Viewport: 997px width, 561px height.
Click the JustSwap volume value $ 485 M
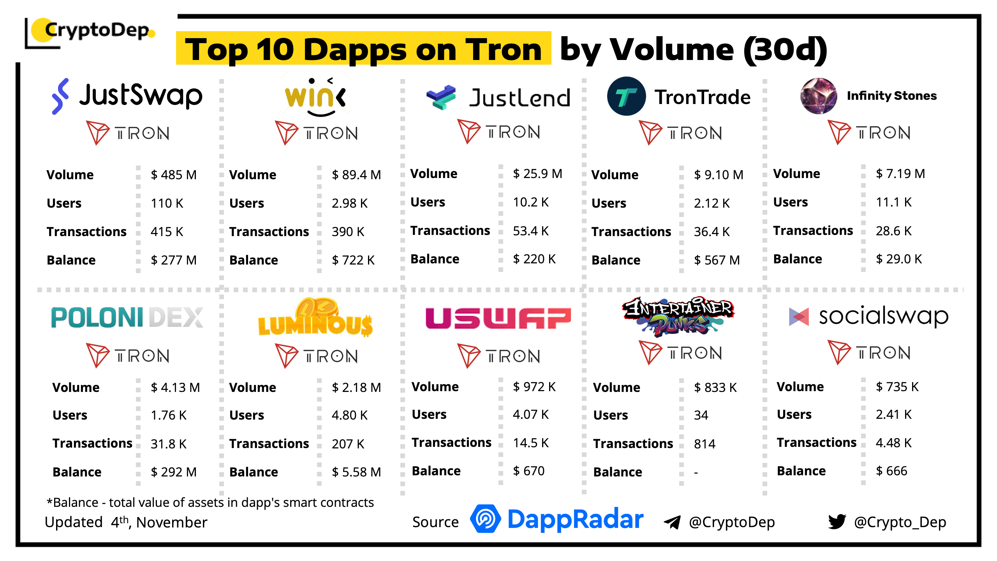(x=174, y=175)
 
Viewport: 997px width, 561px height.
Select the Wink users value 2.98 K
(x=349, y=203)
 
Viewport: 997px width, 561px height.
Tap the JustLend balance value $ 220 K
(x=534, y=259)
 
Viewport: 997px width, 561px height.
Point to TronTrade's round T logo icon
(x=626, y=96)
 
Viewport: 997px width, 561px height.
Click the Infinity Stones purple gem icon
(x=818, y=96)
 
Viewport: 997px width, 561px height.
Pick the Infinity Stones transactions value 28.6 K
(x=893, y=231)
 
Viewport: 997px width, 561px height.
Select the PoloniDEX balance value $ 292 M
(x=174, y=472)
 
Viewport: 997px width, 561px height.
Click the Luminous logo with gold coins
(x=315, y=318)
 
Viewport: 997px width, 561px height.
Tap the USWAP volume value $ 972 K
(x=534, y=386)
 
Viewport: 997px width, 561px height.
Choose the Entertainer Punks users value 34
(x=701, y=415)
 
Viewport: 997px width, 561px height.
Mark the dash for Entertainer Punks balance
(x=696, y=473)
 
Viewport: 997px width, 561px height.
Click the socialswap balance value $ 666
(x=891, y=471)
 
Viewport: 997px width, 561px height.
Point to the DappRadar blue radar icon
(x=485, y=519)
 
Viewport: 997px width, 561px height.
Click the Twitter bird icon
(x=837, y=522)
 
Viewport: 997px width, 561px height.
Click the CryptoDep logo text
(x=97, y=30)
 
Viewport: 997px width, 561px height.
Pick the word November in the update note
(x=172, y=522)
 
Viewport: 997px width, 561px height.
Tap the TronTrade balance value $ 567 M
(x=717, y=260)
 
